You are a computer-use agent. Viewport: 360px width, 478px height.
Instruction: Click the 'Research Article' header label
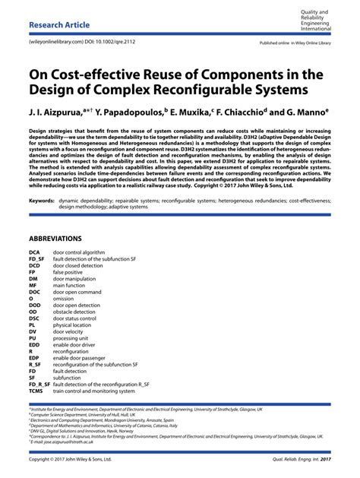tap(59, 24)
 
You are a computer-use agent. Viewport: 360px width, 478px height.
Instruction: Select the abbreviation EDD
tap(35, 343)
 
